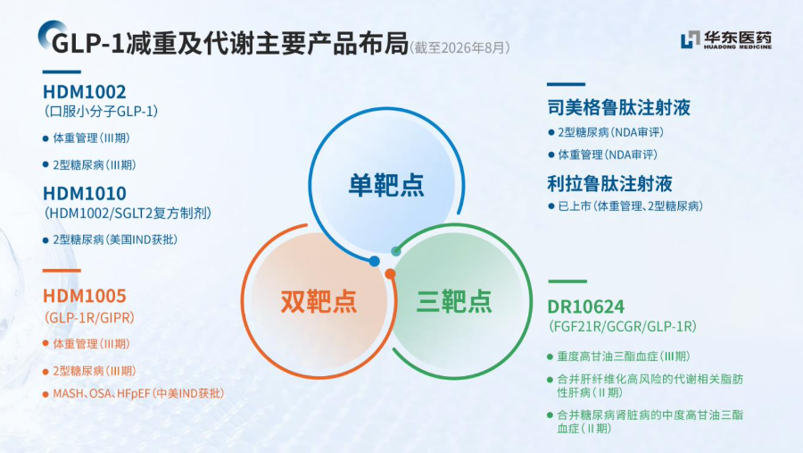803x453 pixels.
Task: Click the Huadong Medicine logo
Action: pos(725,40)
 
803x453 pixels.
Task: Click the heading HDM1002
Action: pos(84,92)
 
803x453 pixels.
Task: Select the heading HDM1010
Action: pos(85,193)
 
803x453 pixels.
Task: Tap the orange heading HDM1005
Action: pos(84,296)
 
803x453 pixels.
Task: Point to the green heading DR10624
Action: pos(586,306)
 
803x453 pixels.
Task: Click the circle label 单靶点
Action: pos(386,185)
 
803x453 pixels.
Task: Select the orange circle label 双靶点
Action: pos(319,301)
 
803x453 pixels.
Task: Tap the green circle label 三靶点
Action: pos(454,301)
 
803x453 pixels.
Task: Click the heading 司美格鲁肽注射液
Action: pos(618,108)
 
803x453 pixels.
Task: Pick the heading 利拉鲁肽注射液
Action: pos(609,184)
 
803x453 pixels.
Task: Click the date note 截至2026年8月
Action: pos(459,47)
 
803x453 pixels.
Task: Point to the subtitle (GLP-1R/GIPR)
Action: pos(89,317)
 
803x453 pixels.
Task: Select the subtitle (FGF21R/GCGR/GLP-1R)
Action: pos(622,326)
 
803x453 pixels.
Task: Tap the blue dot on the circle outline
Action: pos(375,261)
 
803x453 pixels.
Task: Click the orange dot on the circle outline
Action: pos(390,274)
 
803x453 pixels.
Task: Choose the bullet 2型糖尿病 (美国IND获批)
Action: pos(115,239)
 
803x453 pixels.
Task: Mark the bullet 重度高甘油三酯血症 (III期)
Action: pos(624,357)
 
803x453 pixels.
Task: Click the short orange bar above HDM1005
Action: pos(62,271)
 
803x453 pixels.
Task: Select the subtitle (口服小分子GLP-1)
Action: pos(101,112)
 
